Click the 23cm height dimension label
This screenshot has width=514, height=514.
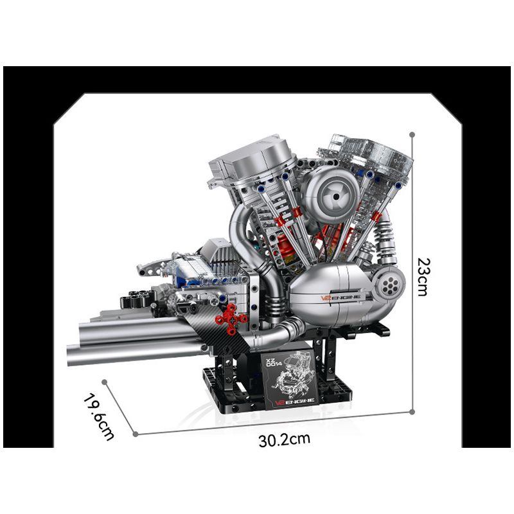[x=422, y=276]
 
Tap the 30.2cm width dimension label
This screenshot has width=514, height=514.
[x=285, y=440]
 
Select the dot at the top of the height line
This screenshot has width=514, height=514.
[x=412, y=135]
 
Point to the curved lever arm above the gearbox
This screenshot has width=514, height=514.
[x=152, y=263]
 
